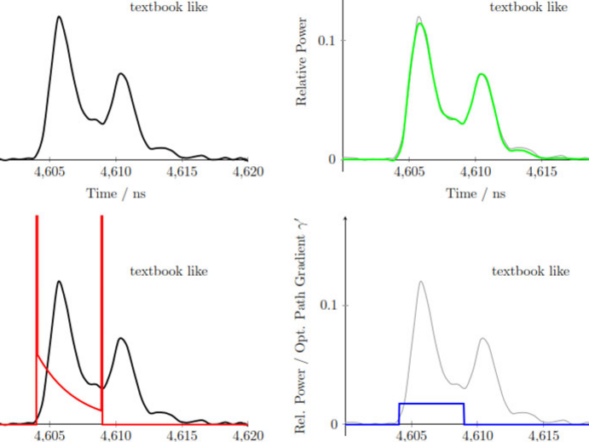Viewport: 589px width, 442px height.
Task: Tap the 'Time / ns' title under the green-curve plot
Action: [x=476, y=193]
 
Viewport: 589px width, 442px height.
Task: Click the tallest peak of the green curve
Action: [x=419, y=25]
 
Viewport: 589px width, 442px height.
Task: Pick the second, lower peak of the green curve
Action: [x=482, y=75]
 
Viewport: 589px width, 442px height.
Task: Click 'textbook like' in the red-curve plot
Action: [x=169, y=272]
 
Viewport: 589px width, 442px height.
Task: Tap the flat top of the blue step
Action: [x=431, y=404]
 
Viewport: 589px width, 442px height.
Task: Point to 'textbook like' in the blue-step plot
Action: [x=530, y=272]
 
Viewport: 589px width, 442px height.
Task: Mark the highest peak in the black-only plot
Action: [x=58, y=16]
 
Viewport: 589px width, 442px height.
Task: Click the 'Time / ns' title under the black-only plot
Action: [x=116, y=193]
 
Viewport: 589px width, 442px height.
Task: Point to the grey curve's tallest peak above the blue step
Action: [x=420, y=282]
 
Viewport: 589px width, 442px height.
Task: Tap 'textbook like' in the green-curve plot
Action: [x=528, y=8]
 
